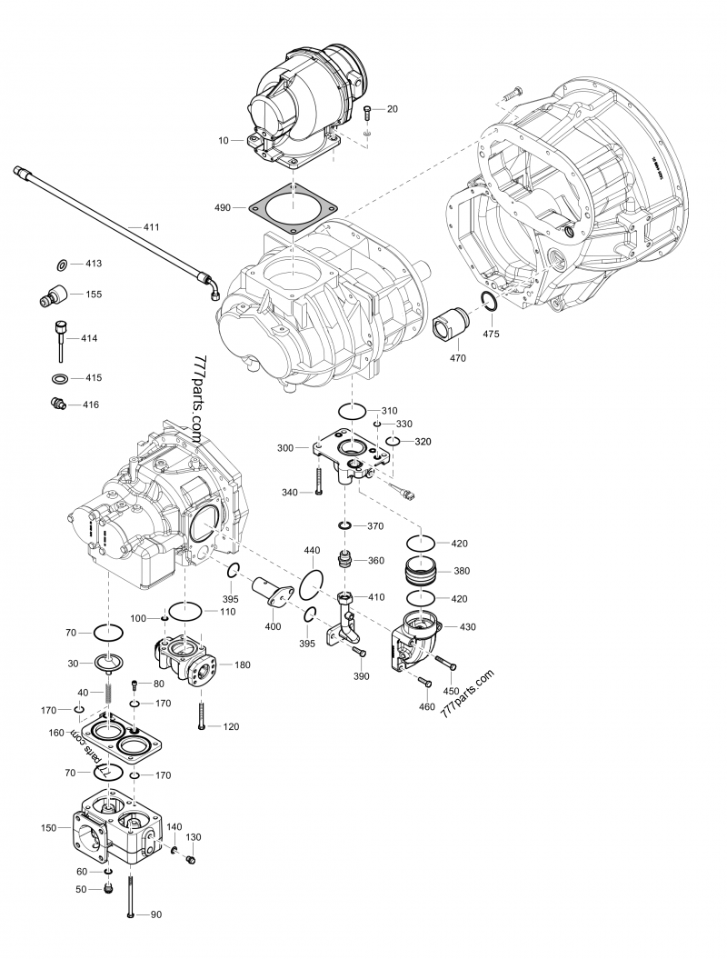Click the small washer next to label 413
coord(61,265)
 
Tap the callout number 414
coord(88,338)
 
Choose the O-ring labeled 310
coord(355,411)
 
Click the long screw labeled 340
coord(320,478)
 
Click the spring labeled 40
coord(108,693)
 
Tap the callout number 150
coord(49,827)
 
